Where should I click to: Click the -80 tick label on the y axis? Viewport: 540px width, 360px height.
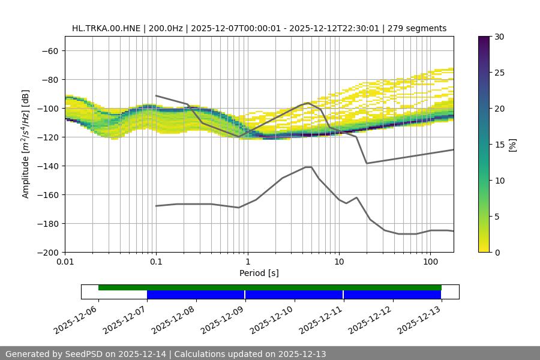coord(49,80)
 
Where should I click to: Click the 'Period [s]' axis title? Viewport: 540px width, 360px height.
coord(259,273)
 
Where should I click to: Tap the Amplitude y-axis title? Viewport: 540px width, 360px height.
coord(26,144)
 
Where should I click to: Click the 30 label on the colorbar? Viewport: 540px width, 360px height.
coord(500,37)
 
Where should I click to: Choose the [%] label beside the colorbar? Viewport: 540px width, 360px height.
coord(512,144)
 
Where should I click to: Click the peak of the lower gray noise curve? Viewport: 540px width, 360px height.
coord(308,167)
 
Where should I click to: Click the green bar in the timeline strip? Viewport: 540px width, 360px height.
coord(270,287)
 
